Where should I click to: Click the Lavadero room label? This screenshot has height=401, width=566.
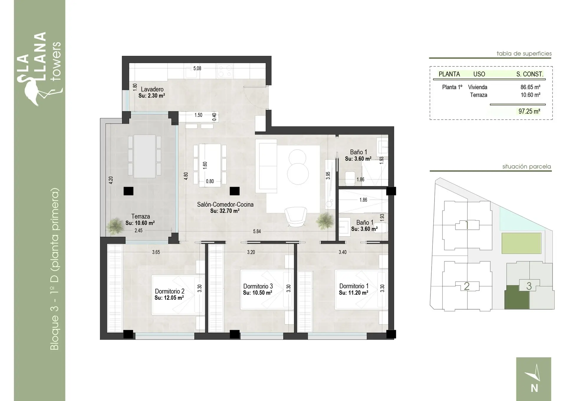(x=152, y=89)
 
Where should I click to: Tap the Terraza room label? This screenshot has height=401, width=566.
(x=141, y=216)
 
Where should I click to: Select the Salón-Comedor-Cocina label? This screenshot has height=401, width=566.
(x=225, y=204)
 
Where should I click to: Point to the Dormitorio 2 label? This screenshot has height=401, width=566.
(x=170, y=291)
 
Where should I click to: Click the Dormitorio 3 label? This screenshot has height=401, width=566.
(x=258, y=286)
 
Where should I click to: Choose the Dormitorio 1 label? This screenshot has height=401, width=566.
(x=354, y=286)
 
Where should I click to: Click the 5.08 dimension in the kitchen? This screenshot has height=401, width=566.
(x=197, y=69)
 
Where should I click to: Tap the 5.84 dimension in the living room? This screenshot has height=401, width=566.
(x=257, y=232)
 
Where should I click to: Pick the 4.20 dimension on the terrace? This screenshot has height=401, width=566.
(x=111, y=180)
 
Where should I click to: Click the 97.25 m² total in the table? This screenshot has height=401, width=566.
(x=529, y=111)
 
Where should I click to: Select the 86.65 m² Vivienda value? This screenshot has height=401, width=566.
(x=530, y=87)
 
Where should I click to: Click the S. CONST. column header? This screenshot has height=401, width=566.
(x=530, y=74)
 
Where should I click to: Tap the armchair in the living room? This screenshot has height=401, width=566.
(x=296, y=217)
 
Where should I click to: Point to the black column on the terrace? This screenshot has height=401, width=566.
(x=128, y=191)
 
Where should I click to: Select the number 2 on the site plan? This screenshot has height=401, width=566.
(x=467, y=286)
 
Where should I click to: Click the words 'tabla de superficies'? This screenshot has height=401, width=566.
(x=524, y=53)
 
